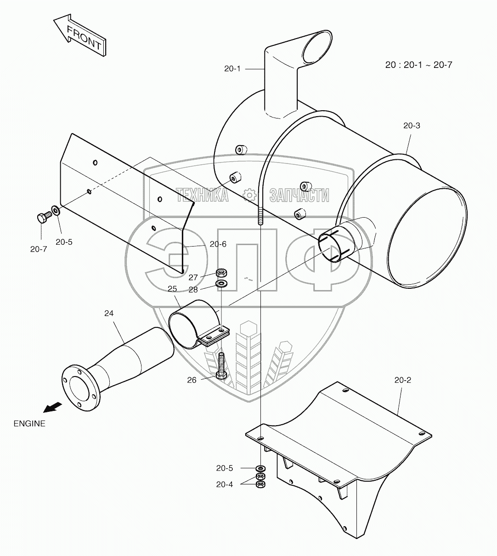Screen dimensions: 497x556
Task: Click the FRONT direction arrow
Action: click(79, 35)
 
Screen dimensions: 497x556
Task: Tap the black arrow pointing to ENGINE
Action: click(52, 407)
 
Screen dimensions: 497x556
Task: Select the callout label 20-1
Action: click(232, 68)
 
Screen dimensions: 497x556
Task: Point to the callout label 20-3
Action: click(412, 125)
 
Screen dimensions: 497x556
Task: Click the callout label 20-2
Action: click(403, 380)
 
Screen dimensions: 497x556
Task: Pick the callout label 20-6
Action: click(218, 244)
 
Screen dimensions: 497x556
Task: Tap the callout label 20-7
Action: click(39, 249)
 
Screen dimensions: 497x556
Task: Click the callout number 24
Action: click(109, 313)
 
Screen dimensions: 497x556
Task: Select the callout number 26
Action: click(192, 380)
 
